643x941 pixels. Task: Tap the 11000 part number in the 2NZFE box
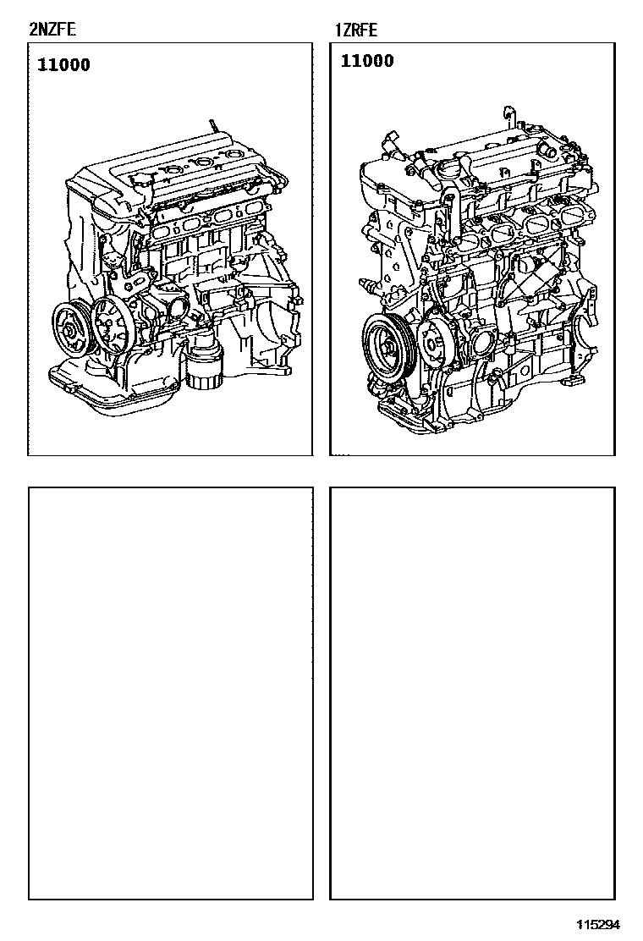tap(63, 65)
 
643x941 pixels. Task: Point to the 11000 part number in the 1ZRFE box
tap(367, 61)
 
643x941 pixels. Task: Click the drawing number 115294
tap(599, 924)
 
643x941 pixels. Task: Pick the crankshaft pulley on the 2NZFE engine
tap(72, 331)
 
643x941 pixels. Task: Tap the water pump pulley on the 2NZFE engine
tap(111, 322)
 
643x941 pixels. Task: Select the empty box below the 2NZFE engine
tap(170, 692)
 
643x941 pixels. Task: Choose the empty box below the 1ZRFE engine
tap(472, 692)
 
